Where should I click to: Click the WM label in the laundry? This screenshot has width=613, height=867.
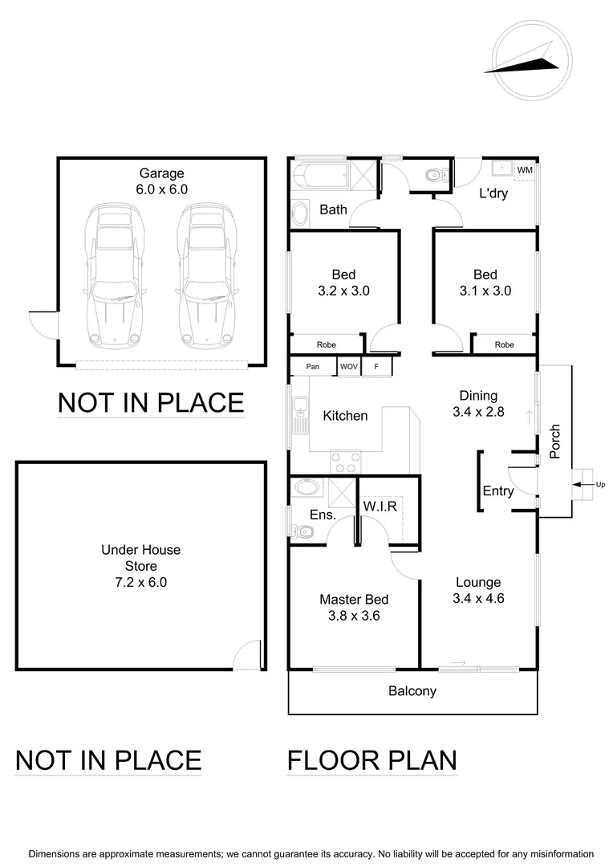point(524,170)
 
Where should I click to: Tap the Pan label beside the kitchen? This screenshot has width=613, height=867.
point(313,367)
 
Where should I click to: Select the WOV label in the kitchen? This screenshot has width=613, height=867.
point(349,367)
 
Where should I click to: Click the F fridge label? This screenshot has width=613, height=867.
point(376,367)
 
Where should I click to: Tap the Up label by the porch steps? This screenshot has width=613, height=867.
point(600,484)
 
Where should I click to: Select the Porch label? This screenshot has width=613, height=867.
point(554,442)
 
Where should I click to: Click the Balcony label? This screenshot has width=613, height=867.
point(412,690)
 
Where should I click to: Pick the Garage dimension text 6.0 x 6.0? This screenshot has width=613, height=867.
point(162,189)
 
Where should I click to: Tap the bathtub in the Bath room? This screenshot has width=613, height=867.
point(321,175)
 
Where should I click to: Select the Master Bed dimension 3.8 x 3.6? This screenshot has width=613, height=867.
point(354,617)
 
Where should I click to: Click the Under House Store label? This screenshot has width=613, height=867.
point(140,558)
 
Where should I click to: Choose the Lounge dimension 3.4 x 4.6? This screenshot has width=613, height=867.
point(478,598)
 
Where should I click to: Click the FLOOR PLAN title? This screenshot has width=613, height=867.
point(372,759)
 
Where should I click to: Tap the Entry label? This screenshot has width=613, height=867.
point(498,491)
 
